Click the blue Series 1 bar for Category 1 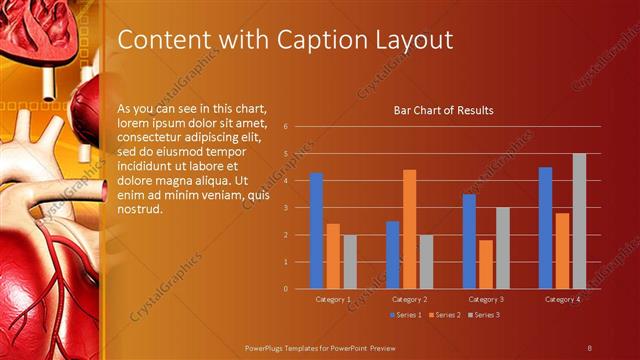click(x=317, y=231)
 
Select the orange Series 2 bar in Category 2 click(x=409, y=229)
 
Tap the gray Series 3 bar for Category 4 click(x=579, y=221)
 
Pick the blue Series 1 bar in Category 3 click(x=469, y=241)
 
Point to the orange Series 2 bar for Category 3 click(x=485, y=264)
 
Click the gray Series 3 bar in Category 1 click(x=349, y=262)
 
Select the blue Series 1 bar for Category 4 click(x=545, y=228)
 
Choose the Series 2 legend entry click(x=446, y=315)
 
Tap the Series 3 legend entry click(x=484, y=315)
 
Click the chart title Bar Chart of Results click(x=443, y=110)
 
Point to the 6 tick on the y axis click(x=286, y=127)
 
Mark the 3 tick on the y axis click(x=286, y=208)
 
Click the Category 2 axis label click(x=409, y=299)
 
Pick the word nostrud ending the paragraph click(x=139, y=208)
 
